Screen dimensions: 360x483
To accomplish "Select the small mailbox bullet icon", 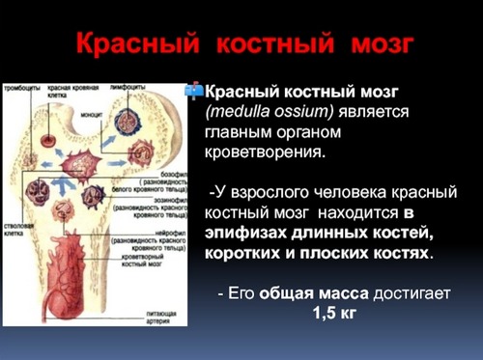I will point(193,89).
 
